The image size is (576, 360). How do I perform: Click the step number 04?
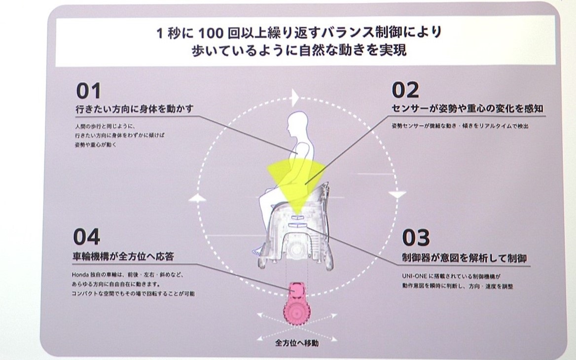(x=87, y=237)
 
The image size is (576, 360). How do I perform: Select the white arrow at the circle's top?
(x=295, y=96)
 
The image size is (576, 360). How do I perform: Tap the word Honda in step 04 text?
(x=78, y=275)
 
